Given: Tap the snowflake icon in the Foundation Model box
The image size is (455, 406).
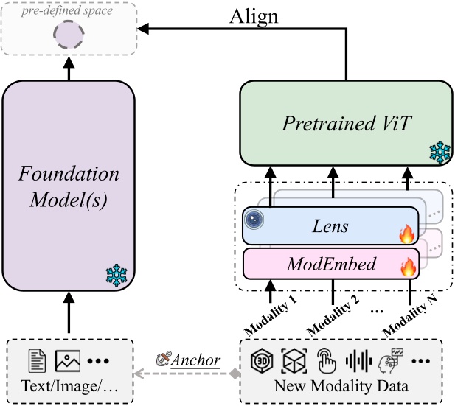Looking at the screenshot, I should click(117, 276).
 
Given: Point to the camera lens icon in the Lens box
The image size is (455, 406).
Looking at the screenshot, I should click(254, 219).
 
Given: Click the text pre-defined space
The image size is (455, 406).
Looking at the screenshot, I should click(68, 11).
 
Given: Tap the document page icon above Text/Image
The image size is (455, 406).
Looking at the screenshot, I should click(37, 361).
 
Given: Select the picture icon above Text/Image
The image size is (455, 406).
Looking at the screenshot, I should click(67, 361).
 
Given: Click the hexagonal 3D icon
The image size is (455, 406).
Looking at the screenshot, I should click(261, 361).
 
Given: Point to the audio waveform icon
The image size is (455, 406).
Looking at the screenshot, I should click(358, 361).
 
